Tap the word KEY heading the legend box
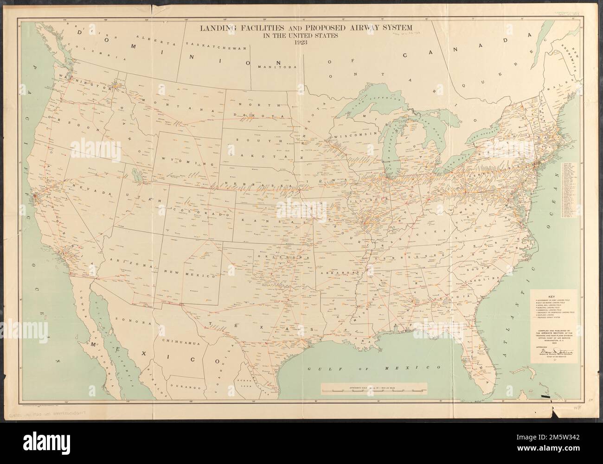pos(551,297)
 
